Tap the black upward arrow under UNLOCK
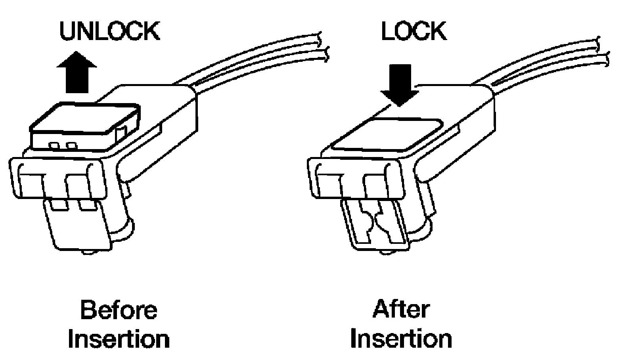click(x=77, y=73)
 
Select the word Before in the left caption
click(x=119, y=310)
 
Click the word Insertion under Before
click(x=119, y=339)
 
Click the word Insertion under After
click(x=401, y=339)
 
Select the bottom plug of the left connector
click(x=77, y=226)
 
